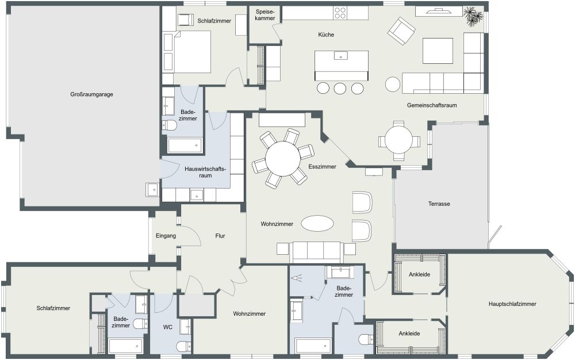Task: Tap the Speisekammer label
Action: [x=264, y=15]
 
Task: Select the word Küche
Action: [x=326, y=35]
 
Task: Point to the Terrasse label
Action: [x=439, y=204]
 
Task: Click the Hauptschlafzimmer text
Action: [x=512, y=304]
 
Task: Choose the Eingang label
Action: [x=166, y=236]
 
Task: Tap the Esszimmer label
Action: [x=323, y=167]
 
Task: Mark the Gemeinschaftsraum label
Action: [x=431, y=106]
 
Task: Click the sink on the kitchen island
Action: [x=342, y=56]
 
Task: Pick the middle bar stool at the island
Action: [x=340, y=88]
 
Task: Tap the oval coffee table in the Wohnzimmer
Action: [x=317, y=224]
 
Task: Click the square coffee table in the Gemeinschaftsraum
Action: [x=438, y=51]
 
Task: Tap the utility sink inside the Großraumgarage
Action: [x=152, y=189]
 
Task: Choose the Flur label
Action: [x=220, y=236]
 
